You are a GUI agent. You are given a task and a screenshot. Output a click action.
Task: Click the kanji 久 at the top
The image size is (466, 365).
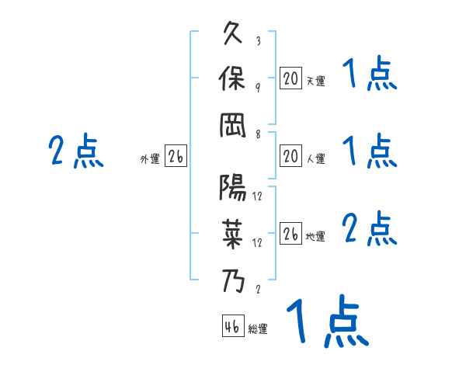(234, 35)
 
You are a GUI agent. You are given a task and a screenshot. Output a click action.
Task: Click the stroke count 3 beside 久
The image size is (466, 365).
(258, 41)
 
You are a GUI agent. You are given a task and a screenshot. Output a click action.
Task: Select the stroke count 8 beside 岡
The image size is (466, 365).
(258, 134)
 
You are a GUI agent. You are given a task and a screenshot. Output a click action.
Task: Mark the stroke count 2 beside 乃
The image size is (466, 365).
(258, 289)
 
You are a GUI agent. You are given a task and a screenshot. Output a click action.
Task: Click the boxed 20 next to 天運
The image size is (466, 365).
(290, 78)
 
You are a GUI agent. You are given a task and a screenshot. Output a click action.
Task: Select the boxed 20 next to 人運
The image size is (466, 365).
(290, 156)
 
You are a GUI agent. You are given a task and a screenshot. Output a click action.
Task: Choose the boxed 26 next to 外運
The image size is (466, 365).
(176, 157)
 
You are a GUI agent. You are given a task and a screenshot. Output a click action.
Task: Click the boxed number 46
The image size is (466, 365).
(232, 327)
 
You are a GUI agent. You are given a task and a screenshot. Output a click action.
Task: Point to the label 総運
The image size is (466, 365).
(258, 329)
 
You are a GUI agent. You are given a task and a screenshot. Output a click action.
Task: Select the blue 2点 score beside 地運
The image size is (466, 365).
(370, 229)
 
